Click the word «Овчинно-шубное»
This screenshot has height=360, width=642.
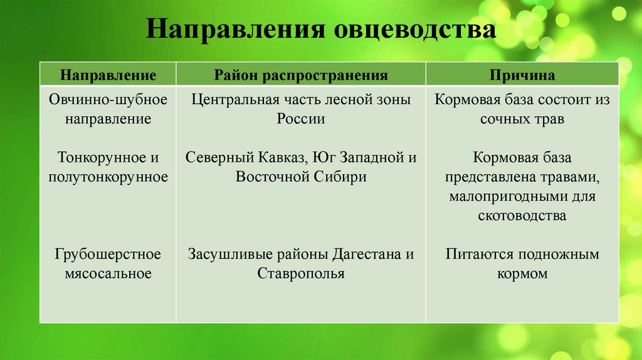(108, 100)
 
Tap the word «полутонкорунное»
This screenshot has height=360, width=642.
(108, 177)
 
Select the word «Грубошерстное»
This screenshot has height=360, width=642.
(108, 255)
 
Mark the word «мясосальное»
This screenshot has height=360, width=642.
(108, 274)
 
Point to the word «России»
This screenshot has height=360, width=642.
(301, 119)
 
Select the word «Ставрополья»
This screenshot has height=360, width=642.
(301, 274)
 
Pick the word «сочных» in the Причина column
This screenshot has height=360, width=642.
(506, 119)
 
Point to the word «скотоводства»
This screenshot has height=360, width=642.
(522, 216)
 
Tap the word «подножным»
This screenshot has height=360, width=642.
(557, 255)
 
